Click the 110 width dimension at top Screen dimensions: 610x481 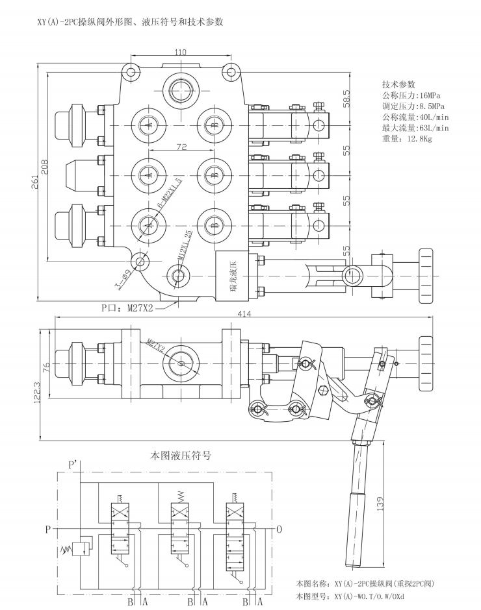tap(180, 52)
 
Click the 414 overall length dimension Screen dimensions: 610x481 tap(244, 313)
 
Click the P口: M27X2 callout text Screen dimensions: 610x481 tap(127, 308)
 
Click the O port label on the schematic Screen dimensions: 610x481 tap(279, 529)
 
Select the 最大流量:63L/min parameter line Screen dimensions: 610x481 tap(415, 128)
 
